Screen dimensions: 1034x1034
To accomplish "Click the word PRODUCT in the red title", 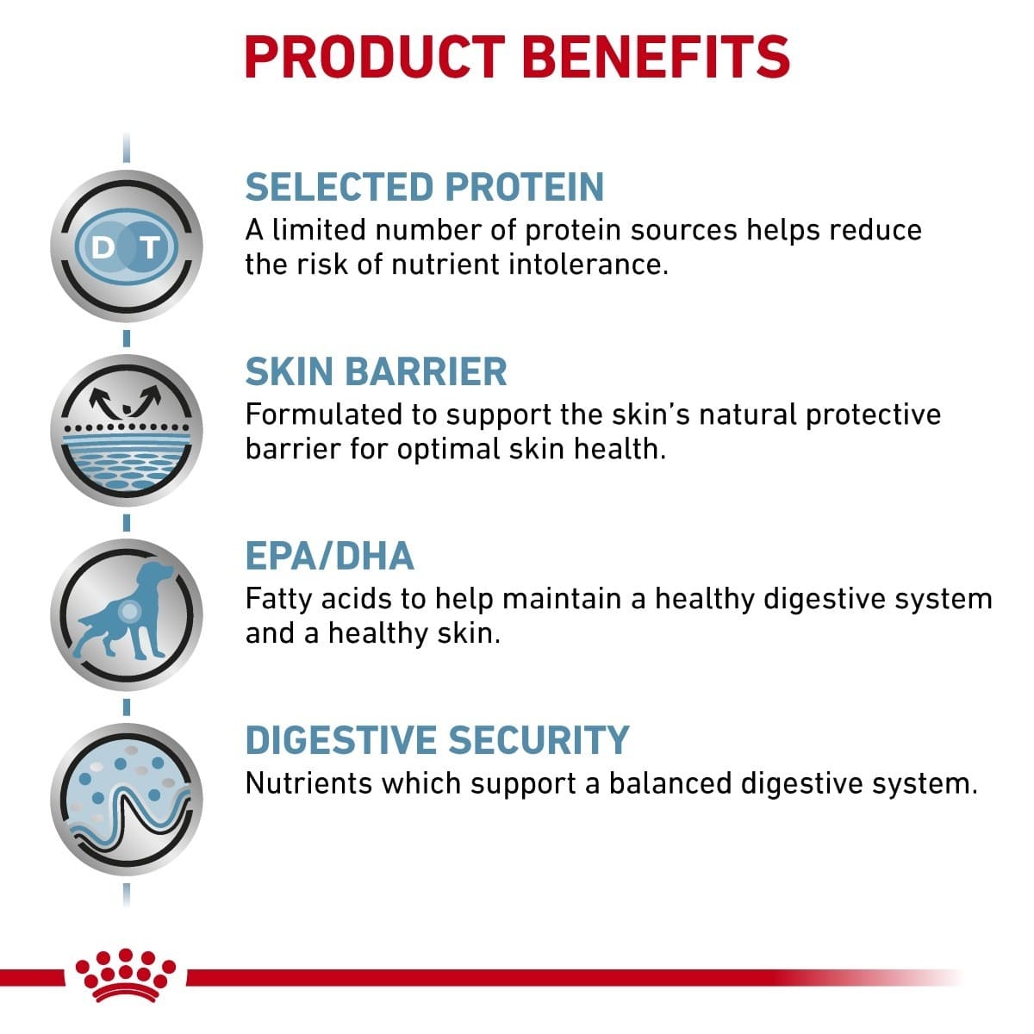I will [x=374, y=57].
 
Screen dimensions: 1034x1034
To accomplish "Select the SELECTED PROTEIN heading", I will [x=425, y=187].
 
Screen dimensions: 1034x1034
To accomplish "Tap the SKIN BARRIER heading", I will [x=377, y=371].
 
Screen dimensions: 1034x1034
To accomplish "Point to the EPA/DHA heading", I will [x=330, y=556].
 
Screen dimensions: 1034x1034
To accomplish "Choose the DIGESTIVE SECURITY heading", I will [x=438, y=740].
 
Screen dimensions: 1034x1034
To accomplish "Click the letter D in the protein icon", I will [x=103, y=248].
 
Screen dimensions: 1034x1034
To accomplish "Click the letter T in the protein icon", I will [x=151, y=248].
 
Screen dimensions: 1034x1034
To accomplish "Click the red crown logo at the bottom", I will [x=126, y=975].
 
